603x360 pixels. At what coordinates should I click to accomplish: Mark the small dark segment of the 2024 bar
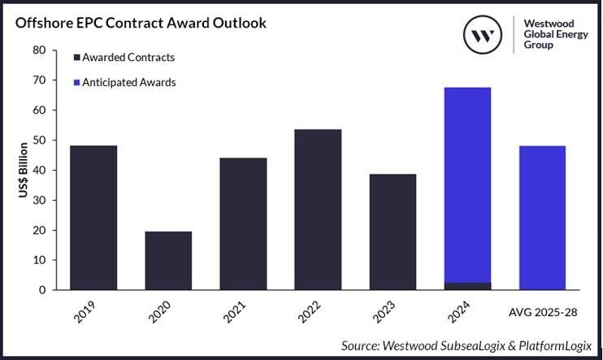pyautogui.click(x=467, y=286)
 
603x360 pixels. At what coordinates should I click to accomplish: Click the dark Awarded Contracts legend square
pyautogui.click(x=76, y=58)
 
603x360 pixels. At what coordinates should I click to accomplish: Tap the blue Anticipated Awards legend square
pyautogui.click(x=76, y=82)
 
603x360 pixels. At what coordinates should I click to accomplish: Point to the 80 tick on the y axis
pyautogui.click(x=40, y=50)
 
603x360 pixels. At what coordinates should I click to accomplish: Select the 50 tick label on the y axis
pyautogui.click(x=40, y=140)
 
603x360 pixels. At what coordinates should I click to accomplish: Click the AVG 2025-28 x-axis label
pyautogui.click(x=542, y=310)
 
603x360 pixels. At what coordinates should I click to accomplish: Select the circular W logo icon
pyautogui.click(x=486, y=36)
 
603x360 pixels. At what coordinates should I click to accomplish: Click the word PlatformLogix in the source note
pyautogui.click(x=553, y=346)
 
